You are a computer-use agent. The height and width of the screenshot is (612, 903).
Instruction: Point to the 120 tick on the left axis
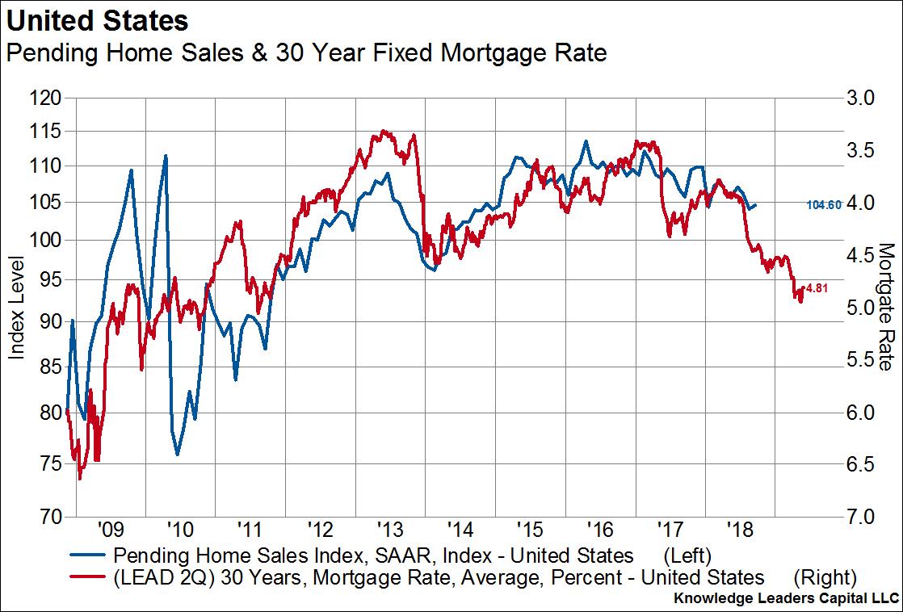pos(46,99)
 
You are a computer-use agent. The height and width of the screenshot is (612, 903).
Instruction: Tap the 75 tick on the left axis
pos(51,463)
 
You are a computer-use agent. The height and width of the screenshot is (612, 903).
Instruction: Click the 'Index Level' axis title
pos(16,308)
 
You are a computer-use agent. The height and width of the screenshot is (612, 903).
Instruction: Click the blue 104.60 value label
pos(825,206)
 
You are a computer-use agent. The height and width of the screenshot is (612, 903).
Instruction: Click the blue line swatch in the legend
pos(86,555)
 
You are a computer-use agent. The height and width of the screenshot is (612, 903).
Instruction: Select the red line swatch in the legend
pos(86,577)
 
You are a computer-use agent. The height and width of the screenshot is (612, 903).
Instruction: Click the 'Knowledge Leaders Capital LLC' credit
pos(784,600)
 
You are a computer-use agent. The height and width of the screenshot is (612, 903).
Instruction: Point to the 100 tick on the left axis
pos(46,240)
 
